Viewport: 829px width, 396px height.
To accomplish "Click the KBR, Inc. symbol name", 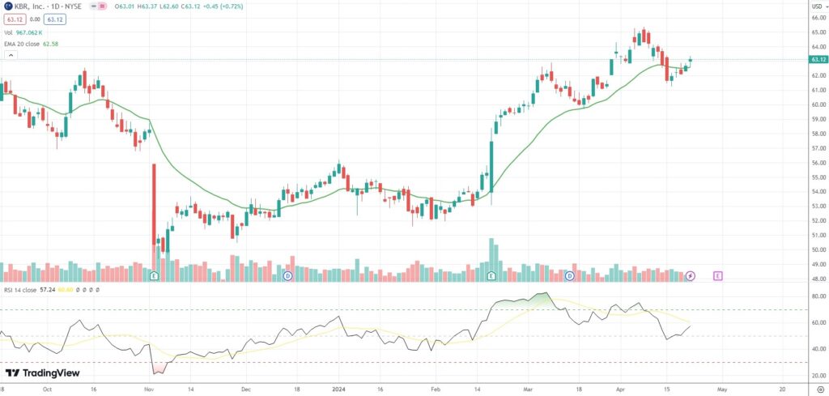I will (26, 7).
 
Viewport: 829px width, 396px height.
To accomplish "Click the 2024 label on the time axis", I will (340, 388).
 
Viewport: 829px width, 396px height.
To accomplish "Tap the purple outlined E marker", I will (717, 276).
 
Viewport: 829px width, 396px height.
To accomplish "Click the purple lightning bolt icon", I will (690, 276).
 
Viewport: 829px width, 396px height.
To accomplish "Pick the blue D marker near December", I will (287, 276).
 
